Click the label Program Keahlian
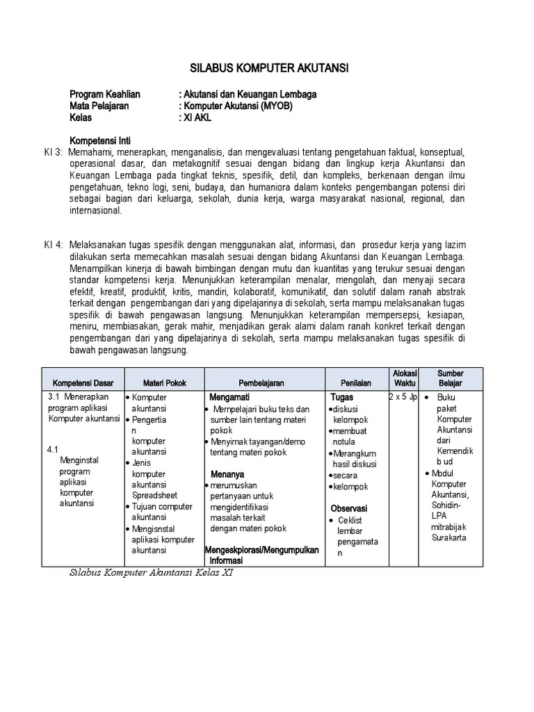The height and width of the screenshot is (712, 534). click(x=105, y=94)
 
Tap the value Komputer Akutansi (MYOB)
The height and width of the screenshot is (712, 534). click(x=237, y=106)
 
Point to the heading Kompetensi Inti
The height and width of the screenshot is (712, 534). click(x=100, y=140)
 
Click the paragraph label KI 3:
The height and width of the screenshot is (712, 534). click(x=50, y=152)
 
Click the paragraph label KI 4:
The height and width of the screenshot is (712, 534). click(x=50, y=245)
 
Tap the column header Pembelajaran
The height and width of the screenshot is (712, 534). click(x=261, y=383)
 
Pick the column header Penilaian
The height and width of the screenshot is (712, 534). click(x=355, y=383)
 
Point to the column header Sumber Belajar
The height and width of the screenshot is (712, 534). click(x=451, y=378)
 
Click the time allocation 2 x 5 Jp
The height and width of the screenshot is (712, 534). click(x=403, y=397)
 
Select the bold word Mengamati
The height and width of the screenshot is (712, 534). click(x=229, y=397)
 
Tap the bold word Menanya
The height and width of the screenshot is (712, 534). click(x=227, y=474)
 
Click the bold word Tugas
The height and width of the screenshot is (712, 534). click(x=342, y=397)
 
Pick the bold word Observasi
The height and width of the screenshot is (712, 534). click(x=349, y=508)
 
